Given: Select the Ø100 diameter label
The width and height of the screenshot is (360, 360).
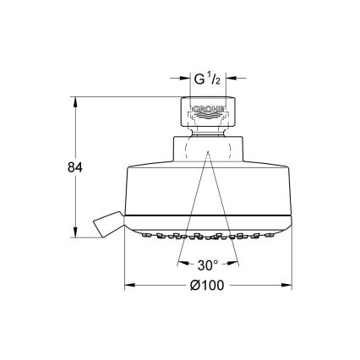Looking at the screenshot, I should coord(209,286).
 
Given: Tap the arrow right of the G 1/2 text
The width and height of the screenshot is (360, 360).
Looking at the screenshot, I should coord(233,81).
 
